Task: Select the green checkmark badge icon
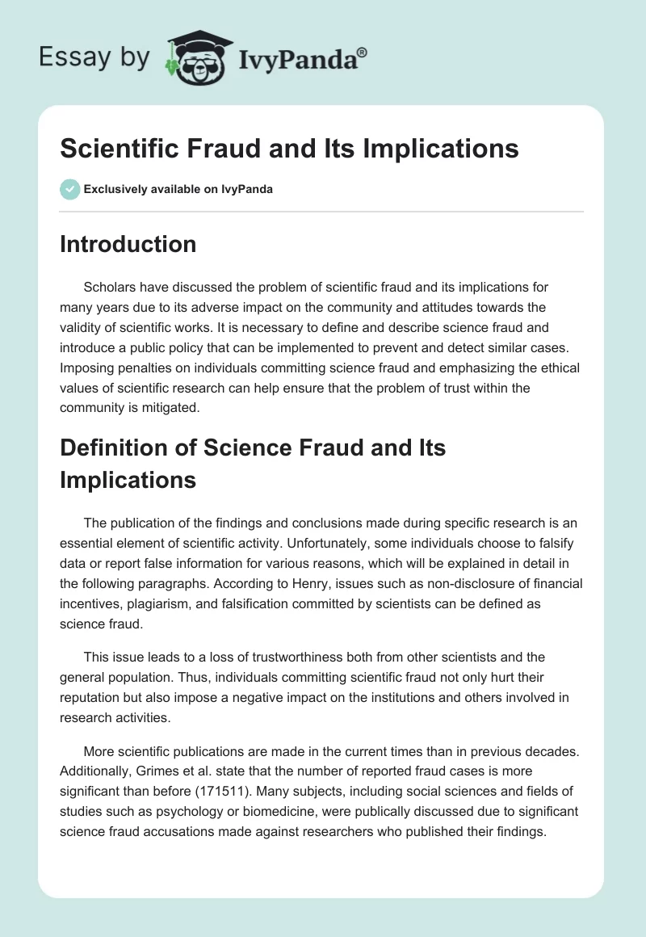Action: (x=69, y=189)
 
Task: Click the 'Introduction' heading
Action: (x=128, y=245)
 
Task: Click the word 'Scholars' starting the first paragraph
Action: (x=109, y=287)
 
